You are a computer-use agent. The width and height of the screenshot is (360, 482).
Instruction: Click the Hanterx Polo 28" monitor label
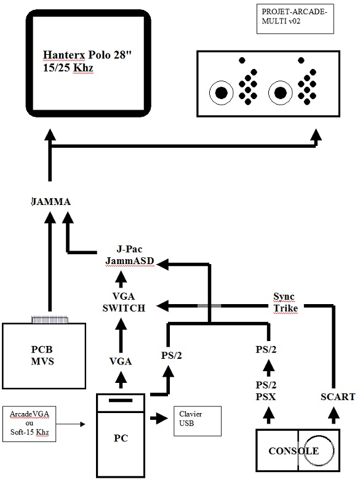click(87, 61)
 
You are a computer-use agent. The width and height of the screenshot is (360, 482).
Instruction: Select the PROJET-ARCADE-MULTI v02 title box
click(295, 18)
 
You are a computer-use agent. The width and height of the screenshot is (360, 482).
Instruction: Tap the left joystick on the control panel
click(221, 92)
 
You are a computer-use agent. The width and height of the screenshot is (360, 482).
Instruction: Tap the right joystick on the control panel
click(280, 92)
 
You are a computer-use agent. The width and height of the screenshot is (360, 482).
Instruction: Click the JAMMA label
click(51, 202)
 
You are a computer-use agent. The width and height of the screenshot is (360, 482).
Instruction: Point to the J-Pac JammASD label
click(129, 255)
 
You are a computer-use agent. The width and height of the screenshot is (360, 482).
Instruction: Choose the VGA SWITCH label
click(124, 302)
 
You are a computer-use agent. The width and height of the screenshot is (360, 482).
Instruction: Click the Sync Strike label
click(286, 302)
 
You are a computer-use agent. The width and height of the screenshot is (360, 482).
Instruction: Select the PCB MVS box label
click(42, 355)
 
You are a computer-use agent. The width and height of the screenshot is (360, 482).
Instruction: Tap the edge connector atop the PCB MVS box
click(50, 319)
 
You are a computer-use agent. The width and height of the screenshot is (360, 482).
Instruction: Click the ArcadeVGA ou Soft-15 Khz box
click(30, 424)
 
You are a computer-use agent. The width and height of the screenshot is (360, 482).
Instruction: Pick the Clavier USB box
click(198, 421)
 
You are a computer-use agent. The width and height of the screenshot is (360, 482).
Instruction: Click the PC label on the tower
click(121, 438)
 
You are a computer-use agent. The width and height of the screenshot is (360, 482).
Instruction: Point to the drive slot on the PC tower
click(121, 400)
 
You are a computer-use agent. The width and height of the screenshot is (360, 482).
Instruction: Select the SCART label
click(338, 397)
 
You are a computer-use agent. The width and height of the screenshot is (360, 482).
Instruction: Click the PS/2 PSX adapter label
click(266, 391)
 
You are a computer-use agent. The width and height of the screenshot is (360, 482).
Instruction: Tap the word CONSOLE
click(294, 451)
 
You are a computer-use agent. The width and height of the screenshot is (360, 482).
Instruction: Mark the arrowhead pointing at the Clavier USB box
click(162, 418)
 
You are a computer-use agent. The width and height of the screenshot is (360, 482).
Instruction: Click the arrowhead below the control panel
click(316, 135)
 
